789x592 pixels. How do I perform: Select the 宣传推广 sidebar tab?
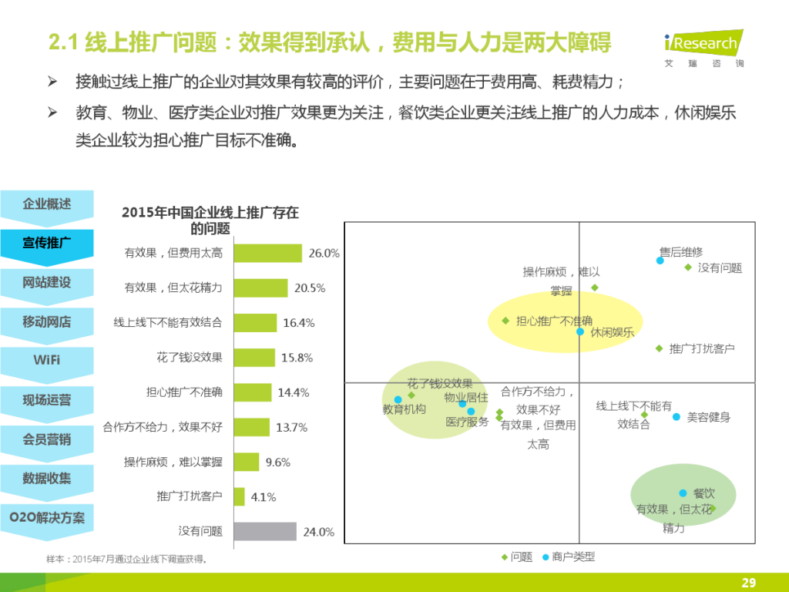coord(46,244)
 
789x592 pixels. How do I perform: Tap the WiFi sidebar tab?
coord(46,360)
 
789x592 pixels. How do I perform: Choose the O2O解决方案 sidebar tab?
coord(46,517)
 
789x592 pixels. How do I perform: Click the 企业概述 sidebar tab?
coord(46,204)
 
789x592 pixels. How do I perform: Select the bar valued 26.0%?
coord(267,253)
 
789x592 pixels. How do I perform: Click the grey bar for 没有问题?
coord(264,531)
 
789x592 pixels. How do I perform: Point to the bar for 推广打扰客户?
coord(239,496)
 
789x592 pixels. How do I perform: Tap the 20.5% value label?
coord(310,288)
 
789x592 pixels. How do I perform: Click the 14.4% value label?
coord(294,392)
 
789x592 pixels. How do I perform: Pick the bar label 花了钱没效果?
coord(190,358)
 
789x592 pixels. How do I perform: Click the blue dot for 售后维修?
coord(660,261)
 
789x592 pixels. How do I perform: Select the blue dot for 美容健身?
coord(677,417)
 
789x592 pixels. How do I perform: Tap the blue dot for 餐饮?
coord(683,493)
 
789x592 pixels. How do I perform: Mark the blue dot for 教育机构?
coord(398,400)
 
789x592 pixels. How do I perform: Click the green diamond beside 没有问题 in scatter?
coord(688,267)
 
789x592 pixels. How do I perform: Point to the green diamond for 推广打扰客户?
coord(659,348)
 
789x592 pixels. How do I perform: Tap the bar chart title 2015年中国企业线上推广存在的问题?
coord(210,220)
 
